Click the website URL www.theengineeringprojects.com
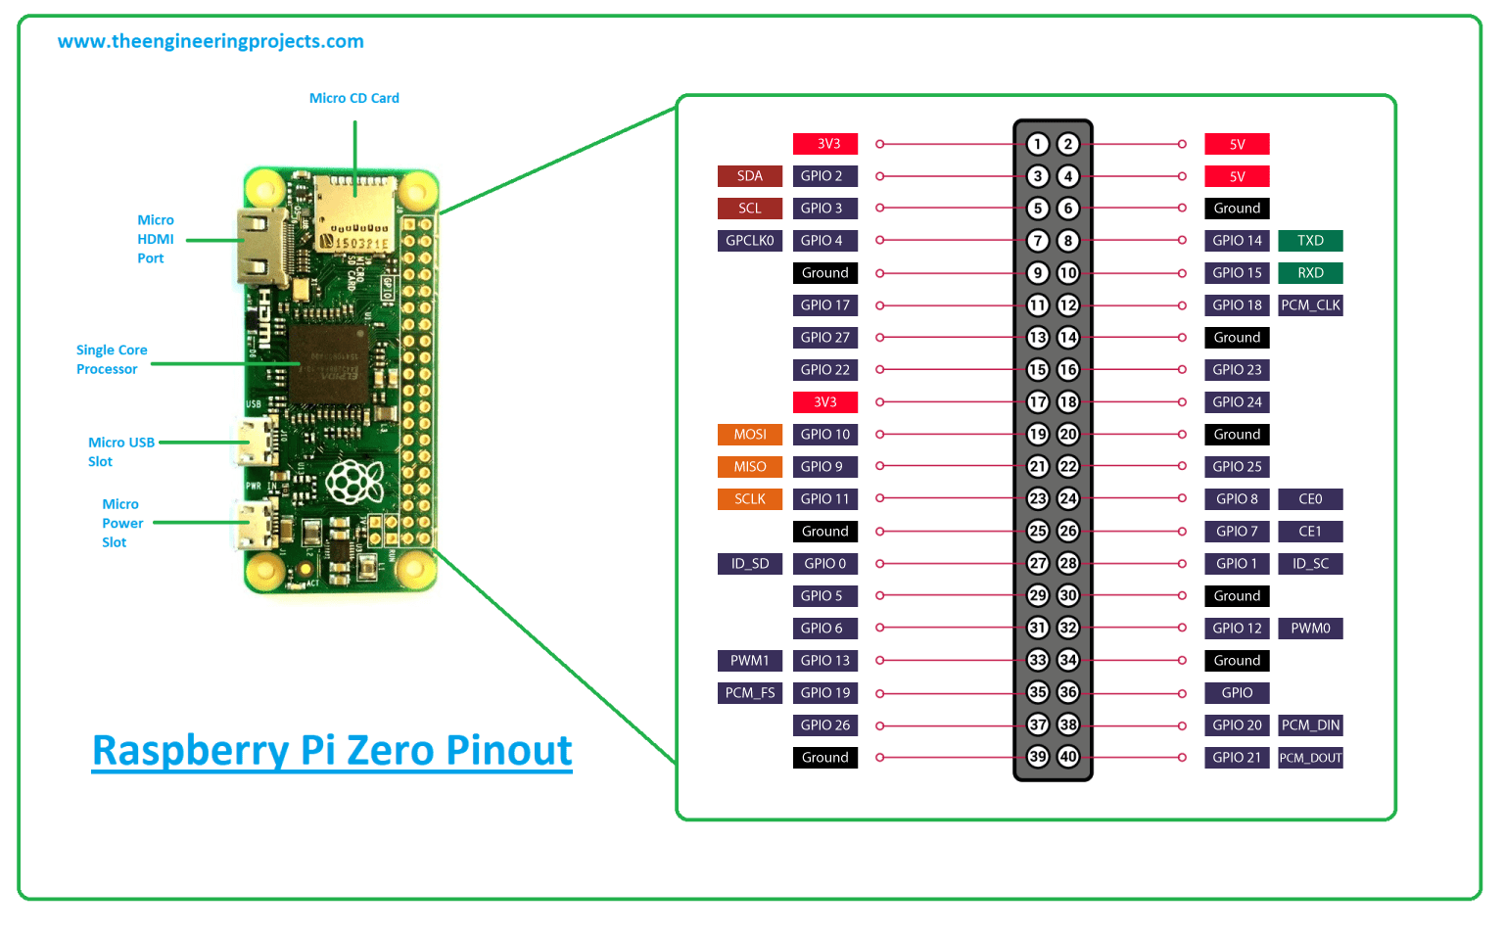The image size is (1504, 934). click(211, 41)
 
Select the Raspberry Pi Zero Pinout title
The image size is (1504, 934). click(332, 751)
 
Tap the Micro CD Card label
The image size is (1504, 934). click(353, 98)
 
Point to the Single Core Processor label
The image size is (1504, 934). click(111, 359)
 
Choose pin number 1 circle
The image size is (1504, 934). click(1038, 144)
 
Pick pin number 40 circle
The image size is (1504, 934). click(1068, 757)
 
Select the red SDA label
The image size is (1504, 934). click(750, 176)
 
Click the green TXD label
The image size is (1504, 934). click(1310, 241)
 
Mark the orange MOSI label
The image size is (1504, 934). click(750, 435)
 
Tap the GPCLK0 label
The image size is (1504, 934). click(750, 241)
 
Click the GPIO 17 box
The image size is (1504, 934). click(824, 305)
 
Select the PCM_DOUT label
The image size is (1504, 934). click(1310, 758)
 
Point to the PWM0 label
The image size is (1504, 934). click(1310, 629)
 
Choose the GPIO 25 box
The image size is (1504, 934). click(1237, 467)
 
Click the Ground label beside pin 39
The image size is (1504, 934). click(824, 758)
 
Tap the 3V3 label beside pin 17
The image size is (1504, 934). click(824, 402)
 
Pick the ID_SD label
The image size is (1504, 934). click(750, 564)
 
